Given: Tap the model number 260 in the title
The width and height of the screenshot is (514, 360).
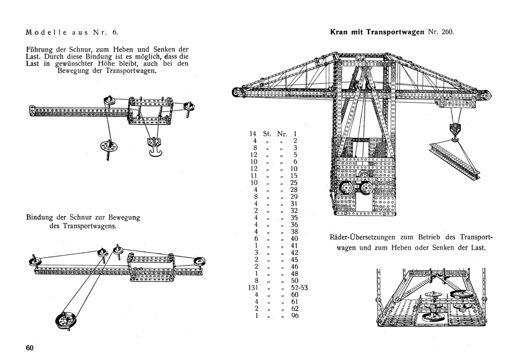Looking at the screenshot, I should click(446, 32).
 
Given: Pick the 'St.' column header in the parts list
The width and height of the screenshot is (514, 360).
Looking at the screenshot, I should click(267, 134).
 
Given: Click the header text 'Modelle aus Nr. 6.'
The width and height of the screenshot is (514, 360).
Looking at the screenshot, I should click(72, 32).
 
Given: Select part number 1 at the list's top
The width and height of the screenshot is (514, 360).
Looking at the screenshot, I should click(295, 134).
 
